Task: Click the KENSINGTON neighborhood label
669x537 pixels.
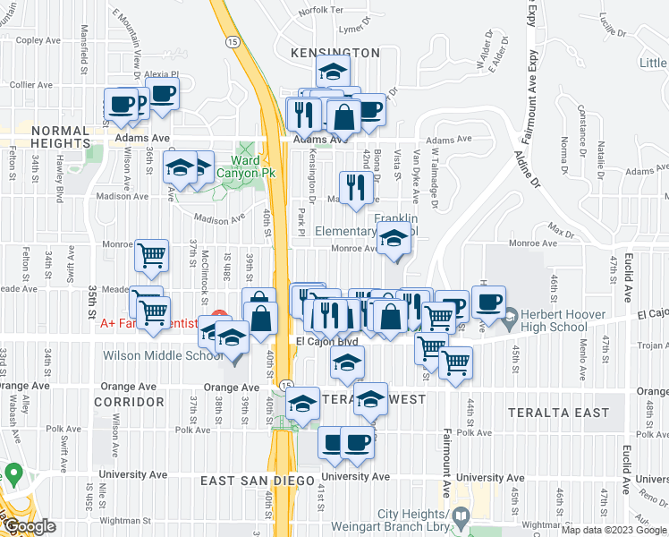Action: click(x=335, y=54)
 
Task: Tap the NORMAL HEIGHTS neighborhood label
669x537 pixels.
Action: click(x=61, y=137)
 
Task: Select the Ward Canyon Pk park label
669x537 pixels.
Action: click(x=258, y=166)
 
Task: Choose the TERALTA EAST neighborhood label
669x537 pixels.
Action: click(x=559, y=413)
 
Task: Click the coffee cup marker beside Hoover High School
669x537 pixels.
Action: click(x=488, y=303)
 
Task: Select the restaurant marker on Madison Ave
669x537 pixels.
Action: click(x=357, y=188)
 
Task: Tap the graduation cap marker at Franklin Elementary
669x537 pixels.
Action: click(x=393, y=239)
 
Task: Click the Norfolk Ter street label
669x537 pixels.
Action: click(x=321, y=11)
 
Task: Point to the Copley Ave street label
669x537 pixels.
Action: click(x=37, y=40)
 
